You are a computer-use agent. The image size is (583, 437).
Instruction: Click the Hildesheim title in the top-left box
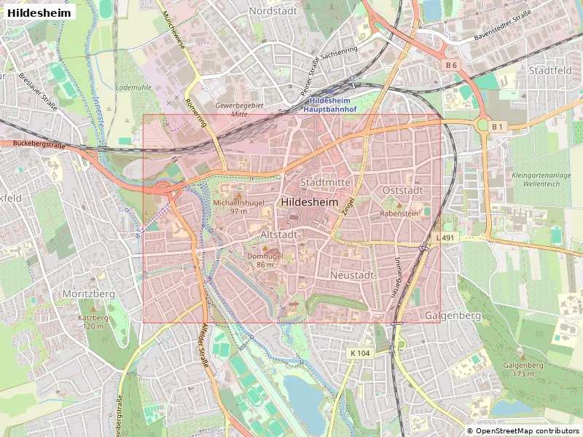[40, 13]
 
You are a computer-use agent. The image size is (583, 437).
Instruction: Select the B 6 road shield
[451, 66]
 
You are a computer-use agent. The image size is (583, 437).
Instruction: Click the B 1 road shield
[497, 127]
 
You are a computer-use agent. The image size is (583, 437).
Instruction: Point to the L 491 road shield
[448, 238]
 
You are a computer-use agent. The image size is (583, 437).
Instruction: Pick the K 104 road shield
[360, 353]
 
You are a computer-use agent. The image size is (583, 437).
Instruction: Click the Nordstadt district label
[273, 11]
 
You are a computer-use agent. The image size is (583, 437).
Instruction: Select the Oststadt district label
[402, 190]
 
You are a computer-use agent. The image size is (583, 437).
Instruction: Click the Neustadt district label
[351, 275]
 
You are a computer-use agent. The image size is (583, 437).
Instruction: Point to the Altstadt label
[278, 235]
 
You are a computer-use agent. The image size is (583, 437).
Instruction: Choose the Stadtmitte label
[325, 182]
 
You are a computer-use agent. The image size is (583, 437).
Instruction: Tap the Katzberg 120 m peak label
[93, 322]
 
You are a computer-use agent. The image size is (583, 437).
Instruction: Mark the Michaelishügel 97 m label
[239, 206]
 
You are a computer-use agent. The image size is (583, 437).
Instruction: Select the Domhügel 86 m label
[265, 261]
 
